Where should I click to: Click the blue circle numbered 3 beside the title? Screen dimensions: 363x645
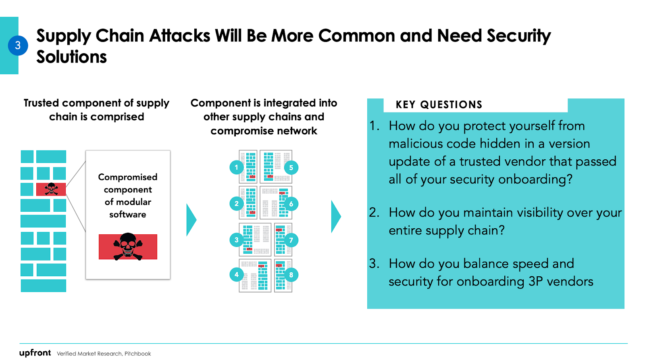(18, 46)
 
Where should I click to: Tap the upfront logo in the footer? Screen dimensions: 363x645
(35, 353)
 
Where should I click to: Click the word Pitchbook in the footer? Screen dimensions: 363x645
(137, 354)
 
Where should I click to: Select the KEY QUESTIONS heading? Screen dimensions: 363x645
(439, 105)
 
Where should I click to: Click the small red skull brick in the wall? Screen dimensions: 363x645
(51, 189)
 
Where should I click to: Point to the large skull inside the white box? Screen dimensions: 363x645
(128, 246)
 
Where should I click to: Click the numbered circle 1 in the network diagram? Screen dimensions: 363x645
(237, 167)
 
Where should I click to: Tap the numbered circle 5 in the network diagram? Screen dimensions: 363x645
(291, 167)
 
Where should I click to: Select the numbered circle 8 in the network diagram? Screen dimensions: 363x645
(291, 275)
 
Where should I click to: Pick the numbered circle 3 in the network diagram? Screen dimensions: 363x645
(237, 240)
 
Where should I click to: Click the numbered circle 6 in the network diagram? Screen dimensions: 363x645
(291, 204)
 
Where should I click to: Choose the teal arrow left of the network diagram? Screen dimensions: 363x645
(191, 220)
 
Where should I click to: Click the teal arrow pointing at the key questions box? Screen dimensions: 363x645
(336, 217)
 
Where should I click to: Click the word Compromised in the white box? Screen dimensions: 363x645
(128, 177)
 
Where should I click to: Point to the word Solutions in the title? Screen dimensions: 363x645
(72, 57)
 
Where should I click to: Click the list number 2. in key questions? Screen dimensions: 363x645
(374, 213)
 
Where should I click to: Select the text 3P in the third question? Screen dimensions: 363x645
(535, 282)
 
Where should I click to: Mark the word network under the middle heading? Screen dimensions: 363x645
(298, 131)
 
